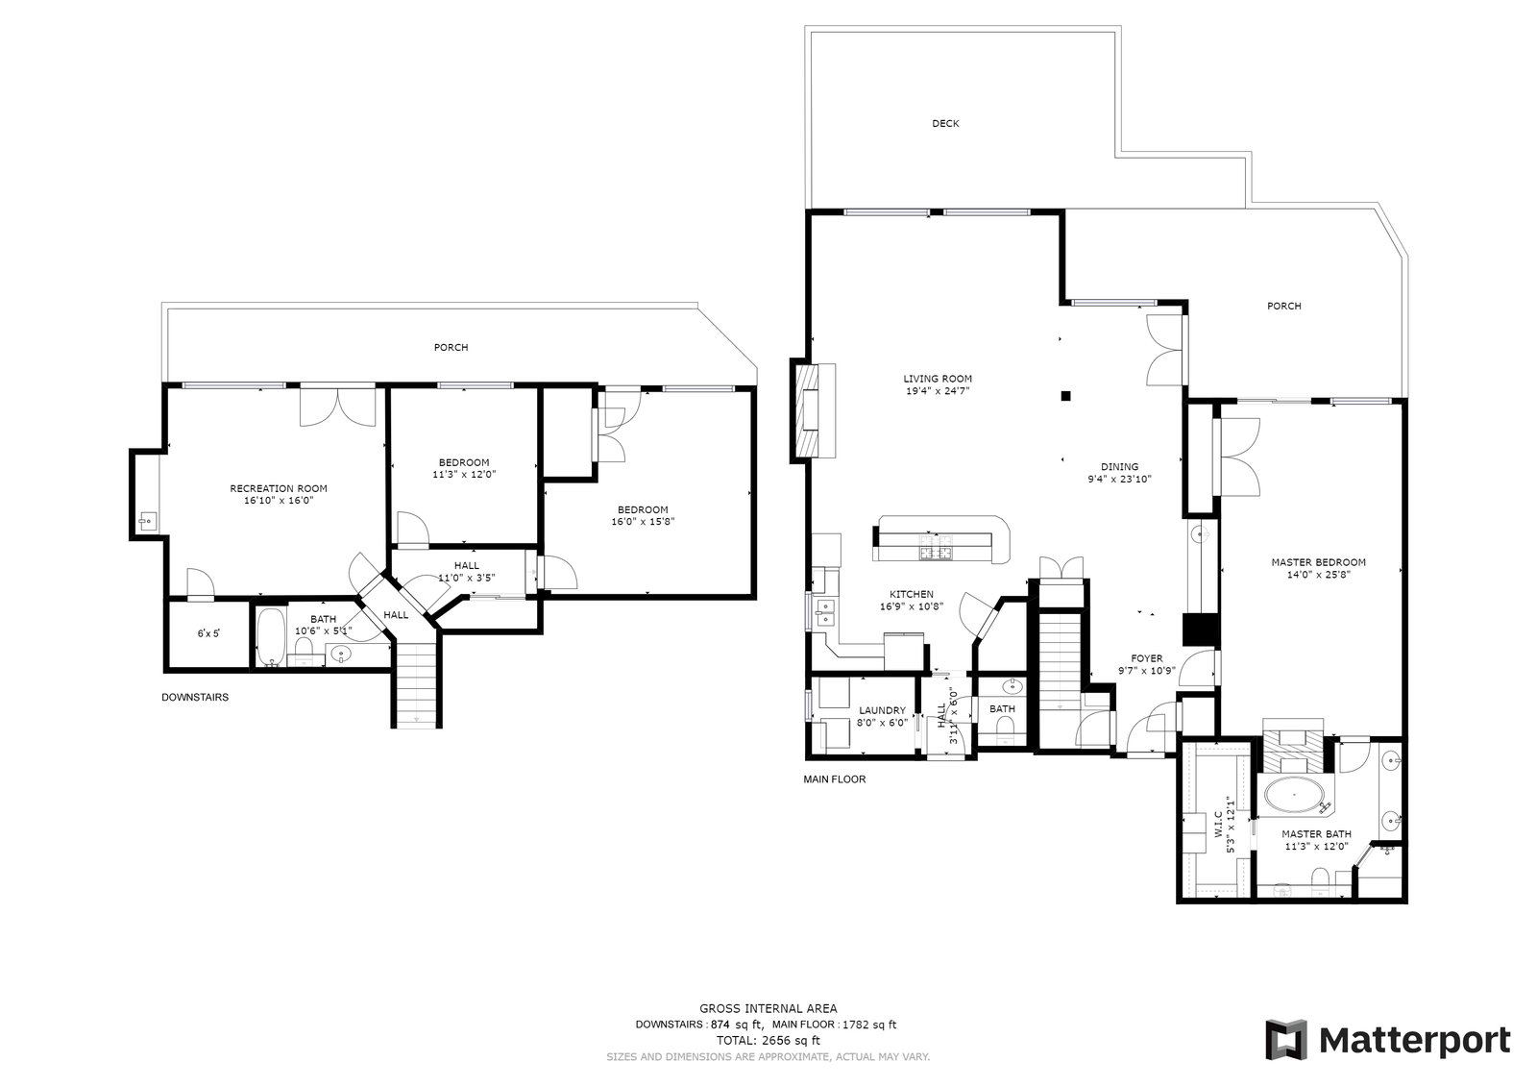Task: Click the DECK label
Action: (x=945, y=124)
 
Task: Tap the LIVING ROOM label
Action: (x=938, y=379)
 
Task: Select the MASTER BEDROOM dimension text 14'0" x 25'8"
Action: (x=1318, y=575)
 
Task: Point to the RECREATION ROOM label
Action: (x=279, y=488)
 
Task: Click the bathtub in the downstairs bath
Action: (x=271, y=636)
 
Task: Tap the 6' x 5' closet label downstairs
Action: (x=208, y=633)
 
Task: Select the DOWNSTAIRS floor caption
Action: (x=195, y=697)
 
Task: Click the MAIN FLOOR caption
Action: (x=835, y=778)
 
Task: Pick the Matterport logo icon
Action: (x=1286, y=1040)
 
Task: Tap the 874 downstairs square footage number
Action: (x=720, y=1025)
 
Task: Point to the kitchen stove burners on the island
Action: (x=936, y=547)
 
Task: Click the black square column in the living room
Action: (x=1065, y=396)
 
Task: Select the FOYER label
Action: (x=1147, y=658)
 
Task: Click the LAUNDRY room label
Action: (x=883, y=710)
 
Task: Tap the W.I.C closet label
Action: (x=1219, y=824)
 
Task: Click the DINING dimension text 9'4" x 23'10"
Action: (x=1119, y=480)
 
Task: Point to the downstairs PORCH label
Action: (x=451, y=348)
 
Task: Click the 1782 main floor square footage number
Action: (x=854, y=1025)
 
